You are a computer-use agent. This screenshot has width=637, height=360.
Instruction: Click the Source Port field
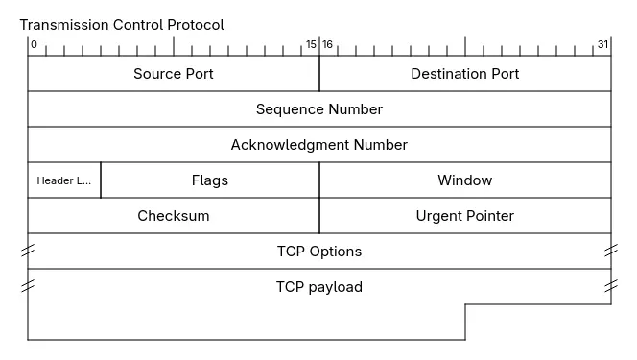coord(173,74)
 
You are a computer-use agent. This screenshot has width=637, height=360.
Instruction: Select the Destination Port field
coord(464,74)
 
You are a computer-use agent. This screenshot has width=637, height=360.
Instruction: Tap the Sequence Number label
coord(318,109)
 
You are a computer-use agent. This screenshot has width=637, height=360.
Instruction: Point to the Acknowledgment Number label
coord(318,145)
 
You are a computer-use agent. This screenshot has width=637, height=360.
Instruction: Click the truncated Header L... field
coord(64,180)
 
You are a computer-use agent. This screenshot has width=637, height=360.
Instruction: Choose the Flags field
coord(209,180)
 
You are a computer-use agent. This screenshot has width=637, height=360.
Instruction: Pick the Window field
coord(464,180)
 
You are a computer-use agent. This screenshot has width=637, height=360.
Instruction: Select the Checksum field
coord(173,216)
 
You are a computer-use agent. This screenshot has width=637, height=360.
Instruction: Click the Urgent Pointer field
coord(464,216)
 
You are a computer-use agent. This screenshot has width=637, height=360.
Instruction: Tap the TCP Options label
coord(318,252)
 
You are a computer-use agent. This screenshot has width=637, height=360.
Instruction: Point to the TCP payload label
coord(318,287)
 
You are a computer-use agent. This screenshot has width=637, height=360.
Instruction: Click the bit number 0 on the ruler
coord(34,44)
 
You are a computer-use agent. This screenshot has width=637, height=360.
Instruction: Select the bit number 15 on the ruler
coord(311,44)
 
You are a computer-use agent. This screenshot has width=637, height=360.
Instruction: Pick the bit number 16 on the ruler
coord(328,44)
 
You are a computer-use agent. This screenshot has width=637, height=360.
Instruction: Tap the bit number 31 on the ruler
coord(602,44)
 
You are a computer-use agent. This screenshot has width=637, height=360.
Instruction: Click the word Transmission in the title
coord(62,25)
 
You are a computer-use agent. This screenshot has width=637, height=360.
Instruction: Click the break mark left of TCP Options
coord(28,251)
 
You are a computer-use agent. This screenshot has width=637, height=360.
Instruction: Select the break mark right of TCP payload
coord(611,286)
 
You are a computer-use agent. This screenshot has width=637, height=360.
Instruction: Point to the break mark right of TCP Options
coord(611,251)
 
